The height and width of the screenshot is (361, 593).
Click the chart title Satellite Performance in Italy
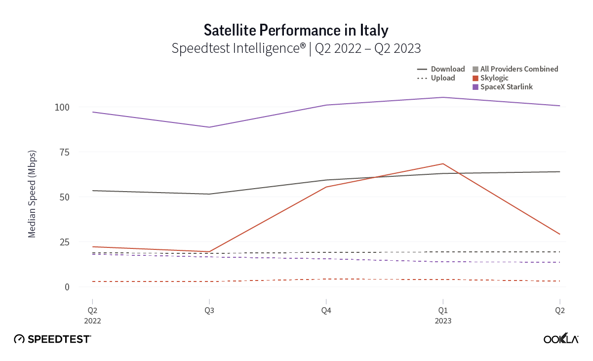pyautogui.click(x=296, y=30)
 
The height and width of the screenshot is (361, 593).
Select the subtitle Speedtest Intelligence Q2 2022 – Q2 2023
pyautogui.click(x=296, y=48)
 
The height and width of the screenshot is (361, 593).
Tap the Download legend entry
pyautogui.click(x=442, y=69)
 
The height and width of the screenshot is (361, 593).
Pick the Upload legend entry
pyautogui.click(x=437, y=78)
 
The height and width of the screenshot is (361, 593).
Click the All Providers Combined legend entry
pyautogui.click(x=515, y=69)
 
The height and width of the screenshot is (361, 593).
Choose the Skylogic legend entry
pyautogui.click(x=494, y=78)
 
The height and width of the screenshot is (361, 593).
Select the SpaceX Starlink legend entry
pyautogui.click(x=503, y=87)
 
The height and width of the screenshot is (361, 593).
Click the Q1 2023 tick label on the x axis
pyautogui.click(x=443, y=315)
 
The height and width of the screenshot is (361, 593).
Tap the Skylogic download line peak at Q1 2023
pyautogui.click(x=443, y=164)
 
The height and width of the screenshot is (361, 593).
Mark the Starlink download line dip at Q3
pyautogui.click(x=209, y=127)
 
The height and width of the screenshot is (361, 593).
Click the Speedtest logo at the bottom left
pyautogui.click(x=52, y=339)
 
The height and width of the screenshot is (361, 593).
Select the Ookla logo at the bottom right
pyautogui.click(x=561, y=339)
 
